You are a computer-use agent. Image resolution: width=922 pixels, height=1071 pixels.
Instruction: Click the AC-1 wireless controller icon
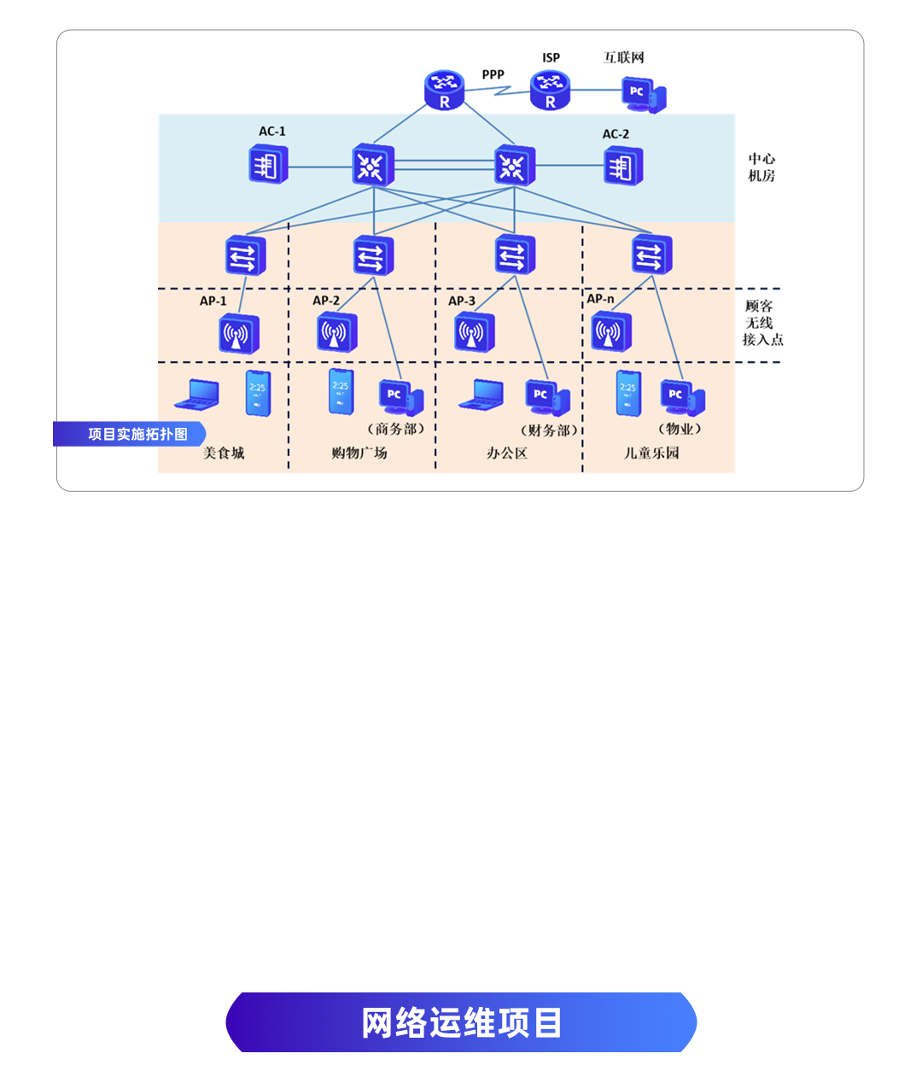(x=268, y=164)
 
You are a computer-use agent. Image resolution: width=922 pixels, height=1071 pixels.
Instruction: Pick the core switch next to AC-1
(x=373, y=166)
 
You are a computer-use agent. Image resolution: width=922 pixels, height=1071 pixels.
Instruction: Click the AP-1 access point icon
(x=238, y=333)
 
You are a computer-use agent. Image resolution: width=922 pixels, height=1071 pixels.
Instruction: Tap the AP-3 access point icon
(x=474, y=332)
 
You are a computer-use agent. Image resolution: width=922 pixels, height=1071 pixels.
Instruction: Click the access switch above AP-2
(x=373, y=255)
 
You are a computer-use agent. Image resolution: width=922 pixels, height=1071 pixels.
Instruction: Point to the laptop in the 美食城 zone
(x=198, y=395)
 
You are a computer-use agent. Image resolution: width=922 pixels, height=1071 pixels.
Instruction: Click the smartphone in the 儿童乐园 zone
(x=628, y=393)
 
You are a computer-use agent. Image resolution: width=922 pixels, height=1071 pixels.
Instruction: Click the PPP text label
(x=493, y=74)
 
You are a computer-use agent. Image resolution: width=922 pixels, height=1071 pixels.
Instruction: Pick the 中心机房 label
(x=762, y=167)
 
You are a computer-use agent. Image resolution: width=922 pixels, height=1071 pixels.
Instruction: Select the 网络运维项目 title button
(x=461, y=1022)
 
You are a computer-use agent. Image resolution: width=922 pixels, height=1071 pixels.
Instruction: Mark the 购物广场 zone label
(x=359, y=453)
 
